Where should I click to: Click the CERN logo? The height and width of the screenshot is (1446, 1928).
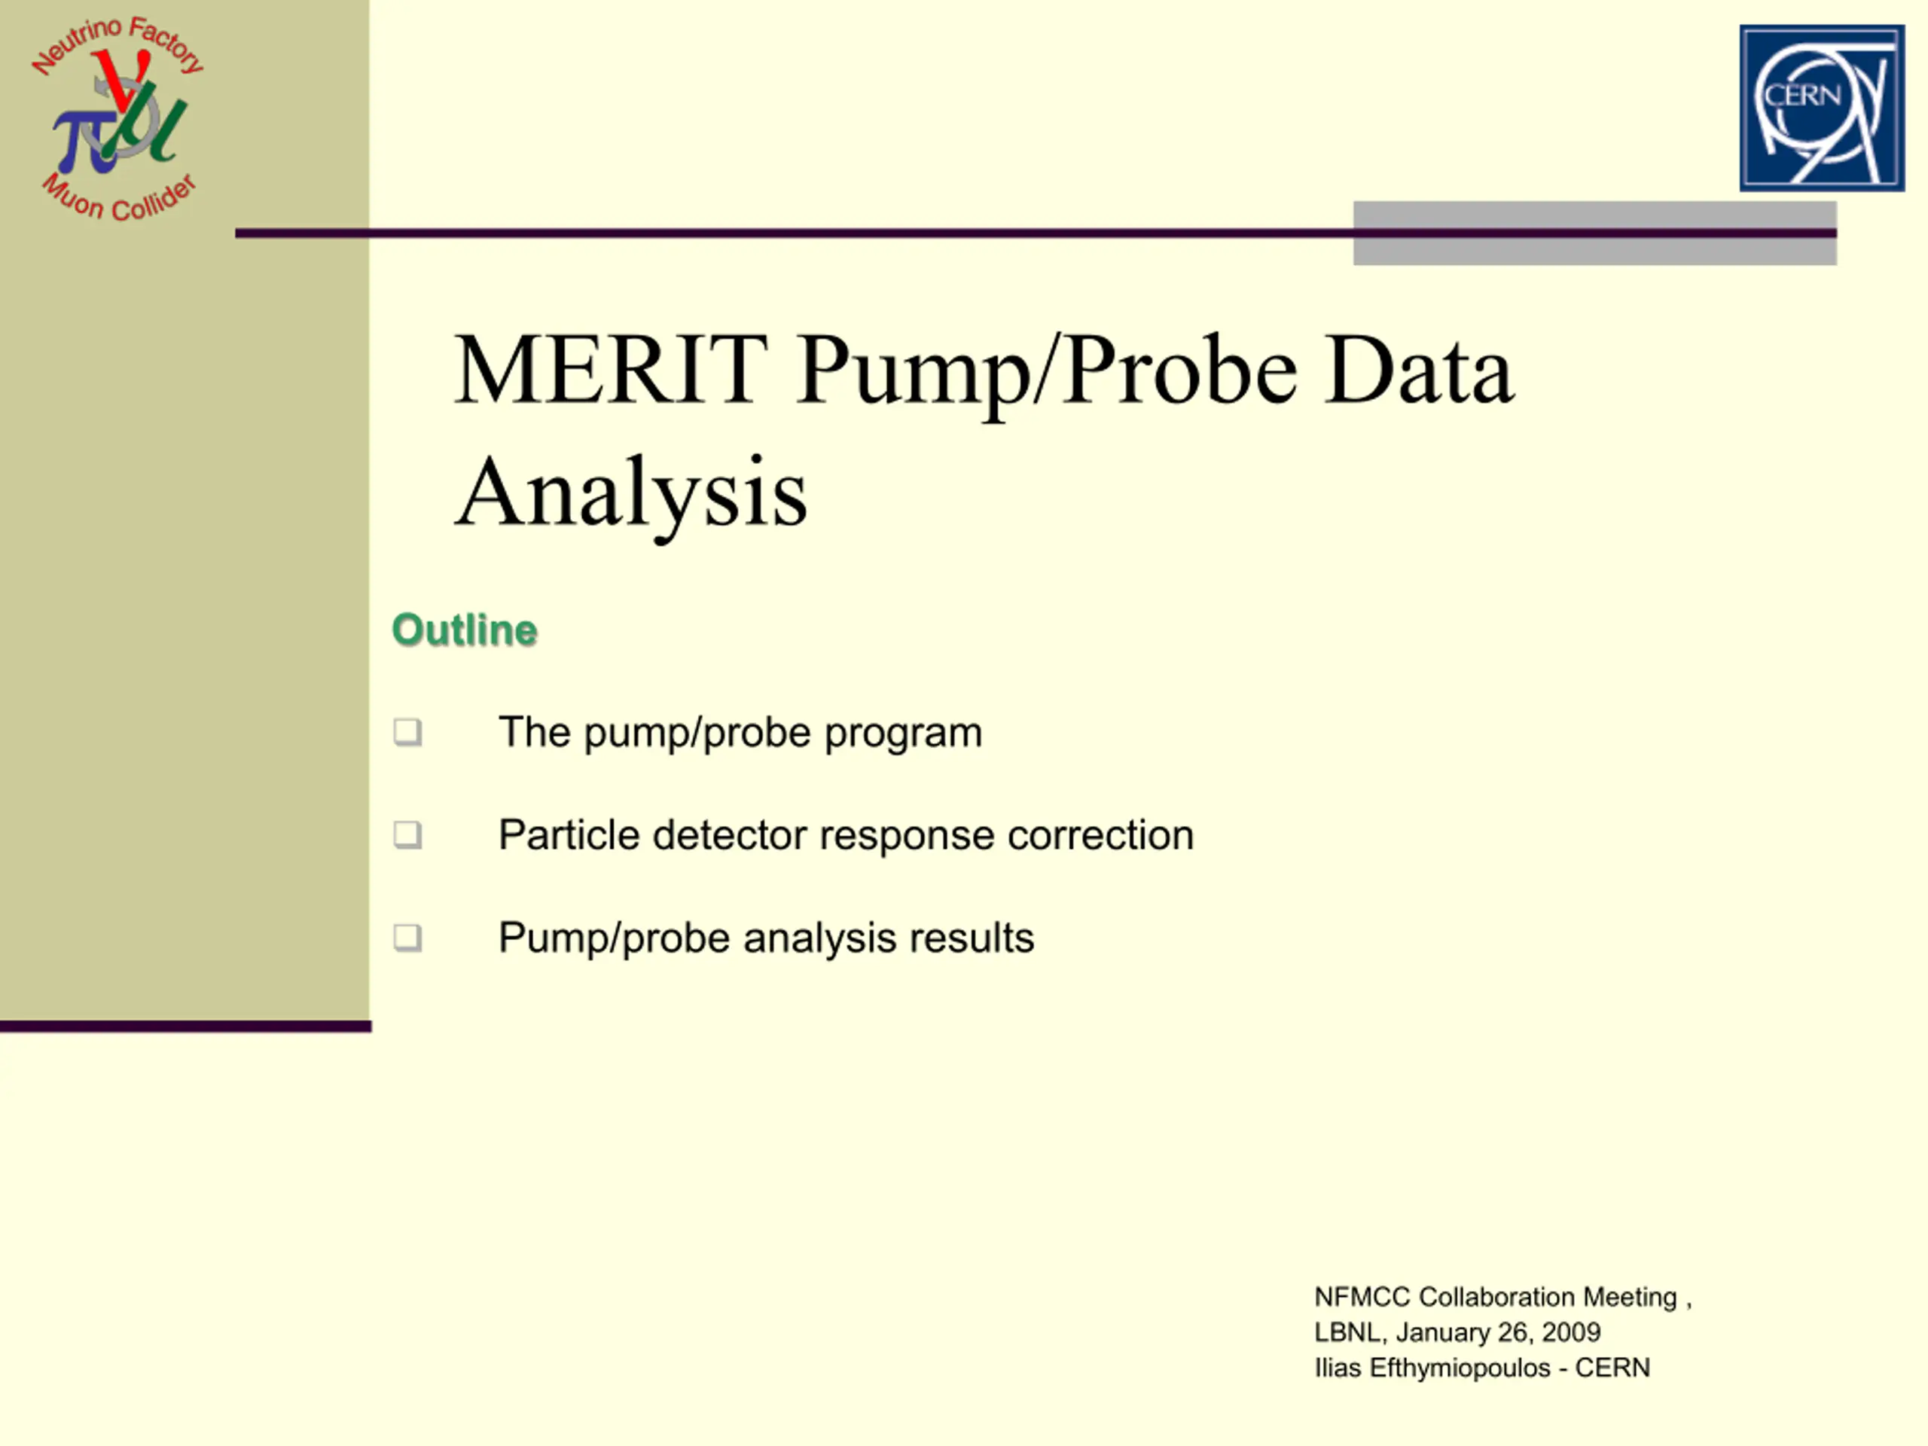coord(1822,108)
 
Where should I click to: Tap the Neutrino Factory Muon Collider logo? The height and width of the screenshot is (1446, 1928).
coord(117,117)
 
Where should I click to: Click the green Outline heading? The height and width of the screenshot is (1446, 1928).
coord(465,630)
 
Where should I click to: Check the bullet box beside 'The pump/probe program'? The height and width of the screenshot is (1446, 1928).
coord(407,732)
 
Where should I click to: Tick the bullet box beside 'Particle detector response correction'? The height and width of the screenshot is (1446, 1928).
coord(407,835)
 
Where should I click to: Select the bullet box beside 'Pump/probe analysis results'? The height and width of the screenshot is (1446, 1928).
coord(407,938)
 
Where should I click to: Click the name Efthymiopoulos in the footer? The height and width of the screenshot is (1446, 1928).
coord(1460,1368)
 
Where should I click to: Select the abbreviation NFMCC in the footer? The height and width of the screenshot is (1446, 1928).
coord(1362,1297)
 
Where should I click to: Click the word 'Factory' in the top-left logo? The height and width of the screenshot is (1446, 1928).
coord(166,44)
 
